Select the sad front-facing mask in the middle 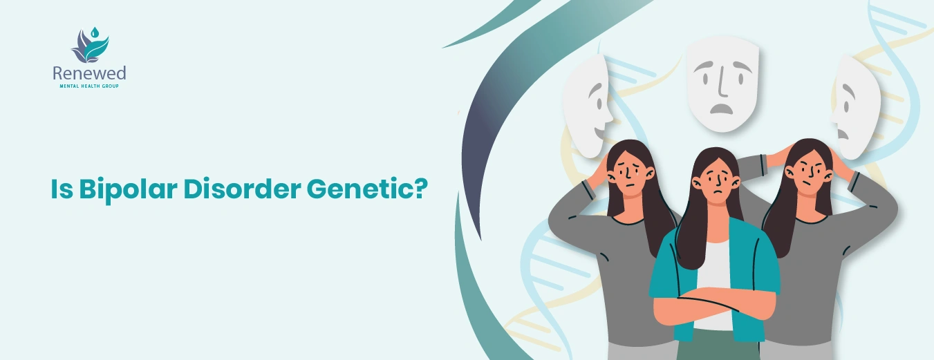click(722, 83)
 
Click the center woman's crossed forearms click(712, 308)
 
